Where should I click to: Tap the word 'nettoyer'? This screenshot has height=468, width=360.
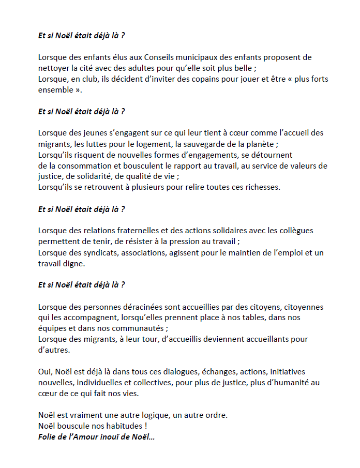tap(53, 68)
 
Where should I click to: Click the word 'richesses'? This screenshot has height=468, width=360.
tap(261, 187)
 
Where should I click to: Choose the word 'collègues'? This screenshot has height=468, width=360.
tap(294, 230)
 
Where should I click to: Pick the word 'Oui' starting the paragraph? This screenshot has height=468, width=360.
tap(45, 372)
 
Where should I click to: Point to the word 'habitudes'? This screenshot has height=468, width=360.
tap(114, 426)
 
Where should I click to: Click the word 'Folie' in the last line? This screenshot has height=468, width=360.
tap(48, 437)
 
